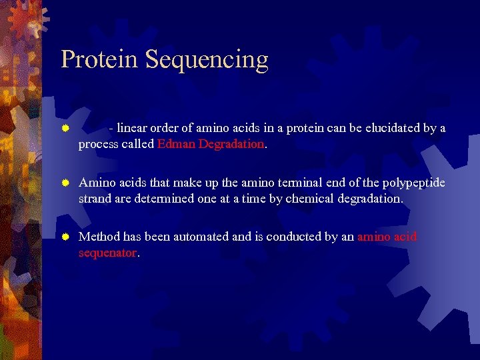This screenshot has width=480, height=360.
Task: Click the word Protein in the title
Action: click(x=99, y=59)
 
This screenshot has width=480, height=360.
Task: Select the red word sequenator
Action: click(x=107, y=253)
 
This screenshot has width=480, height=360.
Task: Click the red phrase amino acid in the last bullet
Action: click(x=387, y=237)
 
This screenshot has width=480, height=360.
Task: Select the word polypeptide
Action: click(x=412, y=183)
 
